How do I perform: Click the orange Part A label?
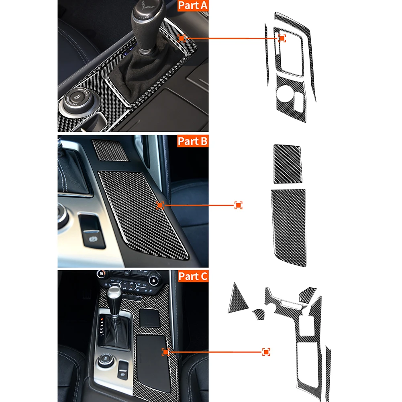(193, 6)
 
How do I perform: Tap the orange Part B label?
(193, 141)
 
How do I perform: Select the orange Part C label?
(193, 276)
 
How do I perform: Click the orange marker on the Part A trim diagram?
(282, 38)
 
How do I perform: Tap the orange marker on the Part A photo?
(182, 38)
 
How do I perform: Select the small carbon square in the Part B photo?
(110, 150)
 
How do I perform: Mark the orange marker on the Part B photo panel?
(160, 205)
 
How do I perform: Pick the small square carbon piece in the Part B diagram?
(287, 163)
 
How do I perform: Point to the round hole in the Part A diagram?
(285, 93)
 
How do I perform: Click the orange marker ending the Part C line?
(266, 352)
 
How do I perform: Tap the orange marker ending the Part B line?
(238, 205)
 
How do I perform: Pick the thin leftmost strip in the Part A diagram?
(267, 54)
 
